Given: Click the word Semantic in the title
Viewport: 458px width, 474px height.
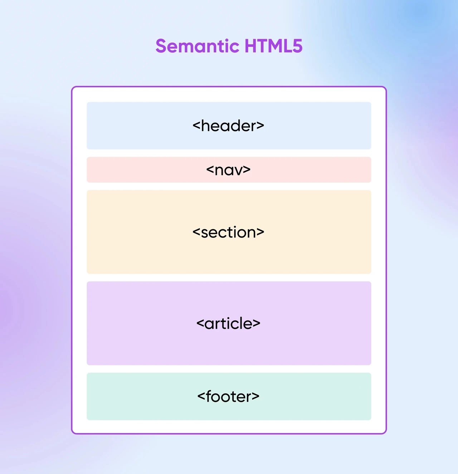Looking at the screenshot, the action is coord(198,46).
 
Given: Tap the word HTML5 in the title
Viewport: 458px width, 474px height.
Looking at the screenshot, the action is coord(273,46).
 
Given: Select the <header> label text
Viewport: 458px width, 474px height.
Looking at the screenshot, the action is coord(228,126).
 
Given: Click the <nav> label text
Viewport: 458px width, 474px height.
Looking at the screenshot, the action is coord(228,170).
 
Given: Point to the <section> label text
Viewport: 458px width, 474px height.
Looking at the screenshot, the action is coord(228,232).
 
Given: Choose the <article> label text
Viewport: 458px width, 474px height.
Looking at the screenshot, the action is coord(228,323).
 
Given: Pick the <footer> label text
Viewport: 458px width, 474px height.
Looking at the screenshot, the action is coord(228,396).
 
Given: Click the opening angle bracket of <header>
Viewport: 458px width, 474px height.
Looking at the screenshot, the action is coord(196,126).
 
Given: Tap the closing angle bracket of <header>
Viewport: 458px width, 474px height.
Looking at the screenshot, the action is coord(260,126).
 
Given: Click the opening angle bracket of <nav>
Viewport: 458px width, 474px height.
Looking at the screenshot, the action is coord(210,170).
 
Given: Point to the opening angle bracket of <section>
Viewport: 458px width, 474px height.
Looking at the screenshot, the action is coord(196,233).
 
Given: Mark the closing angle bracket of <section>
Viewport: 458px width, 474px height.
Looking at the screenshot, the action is coord(260,233).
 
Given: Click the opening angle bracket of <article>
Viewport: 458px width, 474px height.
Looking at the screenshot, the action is coord(200,324).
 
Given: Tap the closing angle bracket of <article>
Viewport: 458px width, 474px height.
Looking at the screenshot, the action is coord(257,324).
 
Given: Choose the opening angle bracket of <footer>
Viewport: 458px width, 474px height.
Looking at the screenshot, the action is coord(201,397).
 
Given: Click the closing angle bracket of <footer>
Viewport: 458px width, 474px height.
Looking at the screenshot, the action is coord(255,397).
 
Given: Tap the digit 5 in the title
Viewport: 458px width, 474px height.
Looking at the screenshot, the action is coord(297,46).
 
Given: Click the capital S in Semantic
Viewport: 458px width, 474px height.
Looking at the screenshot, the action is coord(161,46).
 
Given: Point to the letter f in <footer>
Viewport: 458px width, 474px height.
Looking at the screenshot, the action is coord(209,396).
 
